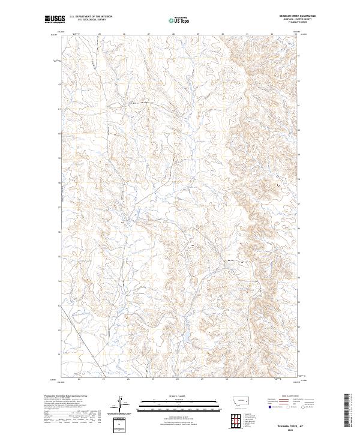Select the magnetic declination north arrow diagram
122,405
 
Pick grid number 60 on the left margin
59,134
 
